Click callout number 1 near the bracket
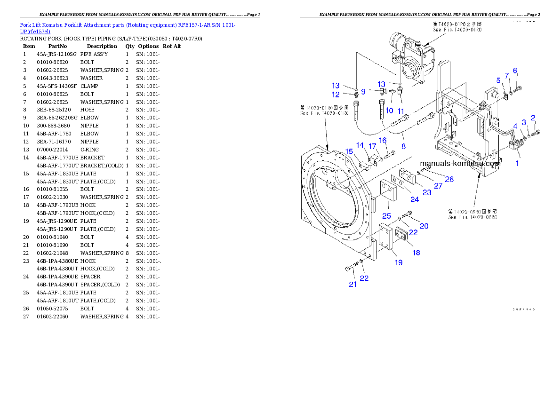click(x=517, y=163)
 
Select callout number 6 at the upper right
click(x=515, y=71)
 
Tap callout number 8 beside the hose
click(x=403, y=146)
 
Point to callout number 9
click(x=363, y=91)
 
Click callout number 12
click(x=336, y=95)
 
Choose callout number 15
click(x=349, y=151)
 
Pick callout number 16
click(x=383, y=140)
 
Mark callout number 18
click(x=416, y=253)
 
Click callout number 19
click(x=399, y=262)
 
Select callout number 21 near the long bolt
click(x=352, y=284)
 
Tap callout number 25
click(x=386, y=215)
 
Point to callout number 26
click(x=449, y=179)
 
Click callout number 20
click(x=424, y=226)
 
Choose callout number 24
click(x=414, y=199)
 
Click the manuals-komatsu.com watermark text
click(x=460, y=164)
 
